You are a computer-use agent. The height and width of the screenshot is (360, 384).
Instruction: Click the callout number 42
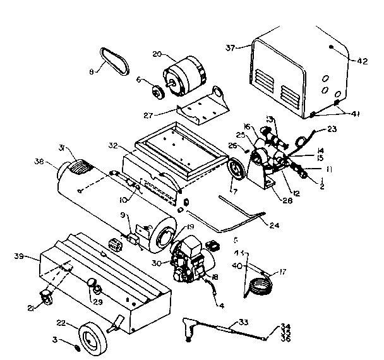click(x=362, y=61)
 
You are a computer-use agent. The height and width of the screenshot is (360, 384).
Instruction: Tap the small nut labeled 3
click(x=78, y=348)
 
